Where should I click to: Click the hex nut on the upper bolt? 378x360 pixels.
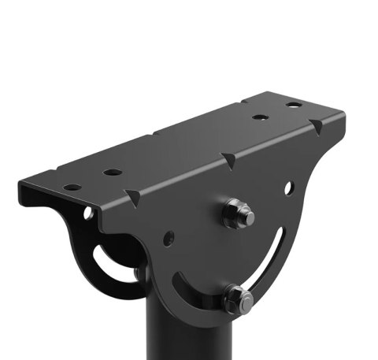235,215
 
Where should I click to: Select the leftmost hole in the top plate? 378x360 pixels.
72,187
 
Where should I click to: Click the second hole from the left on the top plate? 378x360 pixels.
113,172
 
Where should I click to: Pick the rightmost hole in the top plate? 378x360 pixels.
293,105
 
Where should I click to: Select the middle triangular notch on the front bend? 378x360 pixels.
228,160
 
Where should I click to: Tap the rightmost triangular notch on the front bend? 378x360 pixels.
317,125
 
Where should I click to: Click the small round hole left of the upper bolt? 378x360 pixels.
169,236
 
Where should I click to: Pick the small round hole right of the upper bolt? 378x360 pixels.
289,187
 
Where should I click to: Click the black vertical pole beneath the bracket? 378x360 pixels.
189,335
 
